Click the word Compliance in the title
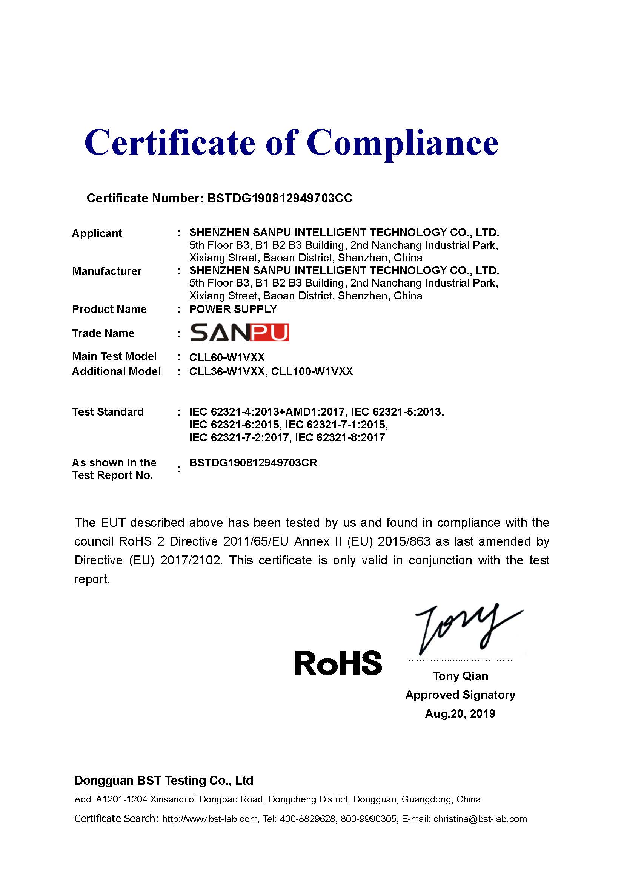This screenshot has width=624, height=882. (402, 143)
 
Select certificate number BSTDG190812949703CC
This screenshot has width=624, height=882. (279, 198)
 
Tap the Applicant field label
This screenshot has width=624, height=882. (97, 233)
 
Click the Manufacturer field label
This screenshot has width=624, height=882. (107, 271)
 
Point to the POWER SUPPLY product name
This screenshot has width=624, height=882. (233, 309)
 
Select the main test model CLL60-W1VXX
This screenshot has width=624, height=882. (227, 357)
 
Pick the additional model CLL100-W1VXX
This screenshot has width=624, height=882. (312, 371)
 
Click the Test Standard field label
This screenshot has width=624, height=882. (108, 412)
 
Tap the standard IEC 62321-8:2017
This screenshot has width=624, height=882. (340, 437)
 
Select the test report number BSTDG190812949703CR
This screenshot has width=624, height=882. (253, 463)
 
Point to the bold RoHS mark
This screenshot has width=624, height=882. (338, 663)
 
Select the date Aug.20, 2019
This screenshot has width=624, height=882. (460, 713)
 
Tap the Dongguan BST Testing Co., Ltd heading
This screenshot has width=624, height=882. (164, 780)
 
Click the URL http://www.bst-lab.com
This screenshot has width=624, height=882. (210, 819)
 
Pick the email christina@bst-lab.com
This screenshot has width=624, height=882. (480, 819)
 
